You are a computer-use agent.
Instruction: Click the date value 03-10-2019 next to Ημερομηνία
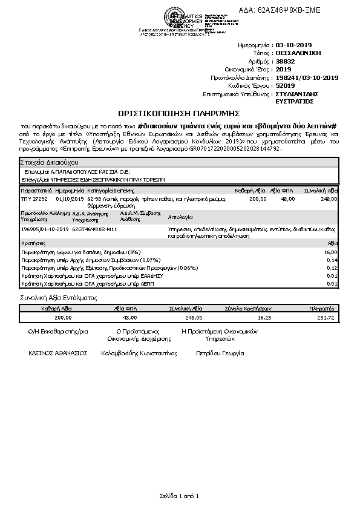pyautogui.click(x=293, y=45)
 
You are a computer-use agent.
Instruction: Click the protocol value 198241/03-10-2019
pyautogui.click(x=306, y=78)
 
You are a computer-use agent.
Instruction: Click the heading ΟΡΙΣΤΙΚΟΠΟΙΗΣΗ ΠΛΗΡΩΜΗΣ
pyautogui.click(x=179, y=113)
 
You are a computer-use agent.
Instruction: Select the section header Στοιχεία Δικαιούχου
pyautogui.click(x=50, y=163)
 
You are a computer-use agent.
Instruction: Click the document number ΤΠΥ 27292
pyautogui.click(x=34, y=199)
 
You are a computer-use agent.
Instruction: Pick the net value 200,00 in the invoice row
pyautogui.click(x=258, y=199)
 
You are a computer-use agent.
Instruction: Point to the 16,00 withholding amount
pyautogui.click(x=330, y=252)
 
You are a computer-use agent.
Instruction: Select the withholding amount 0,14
pyautogui.click(x=332, y=260)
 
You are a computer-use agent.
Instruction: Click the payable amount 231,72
pyautogui.click(x=325, y=317)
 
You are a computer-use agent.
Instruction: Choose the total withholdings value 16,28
pyautogui.click(x=264, y=317)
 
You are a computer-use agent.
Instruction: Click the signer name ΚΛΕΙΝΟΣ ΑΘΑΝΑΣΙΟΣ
pyautogui.click(x=58, y=352)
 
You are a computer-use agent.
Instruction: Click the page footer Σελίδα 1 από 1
pyautogui.click(x=179, y=496)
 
